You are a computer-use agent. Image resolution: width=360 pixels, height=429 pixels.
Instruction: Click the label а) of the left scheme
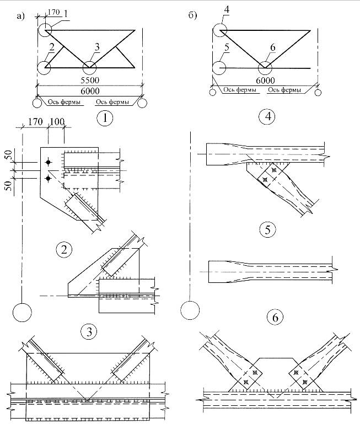(x=21, y=16)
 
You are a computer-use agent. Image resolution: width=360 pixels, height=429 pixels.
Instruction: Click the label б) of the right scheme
(x=193, y=15)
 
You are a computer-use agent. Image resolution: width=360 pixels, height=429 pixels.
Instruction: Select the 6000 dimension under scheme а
(x=89, y=90)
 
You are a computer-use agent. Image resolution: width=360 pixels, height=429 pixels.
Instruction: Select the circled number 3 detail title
(x=88, y=331)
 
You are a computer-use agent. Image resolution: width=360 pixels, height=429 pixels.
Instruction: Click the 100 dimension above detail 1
(x=57, y=121)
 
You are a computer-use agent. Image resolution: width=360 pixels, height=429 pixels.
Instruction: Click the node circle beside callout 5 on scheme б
(x=219, y=68)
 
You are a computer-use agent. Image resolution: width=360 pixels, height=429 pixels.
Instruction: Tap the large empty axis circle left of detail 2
(x=22, y=312)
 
